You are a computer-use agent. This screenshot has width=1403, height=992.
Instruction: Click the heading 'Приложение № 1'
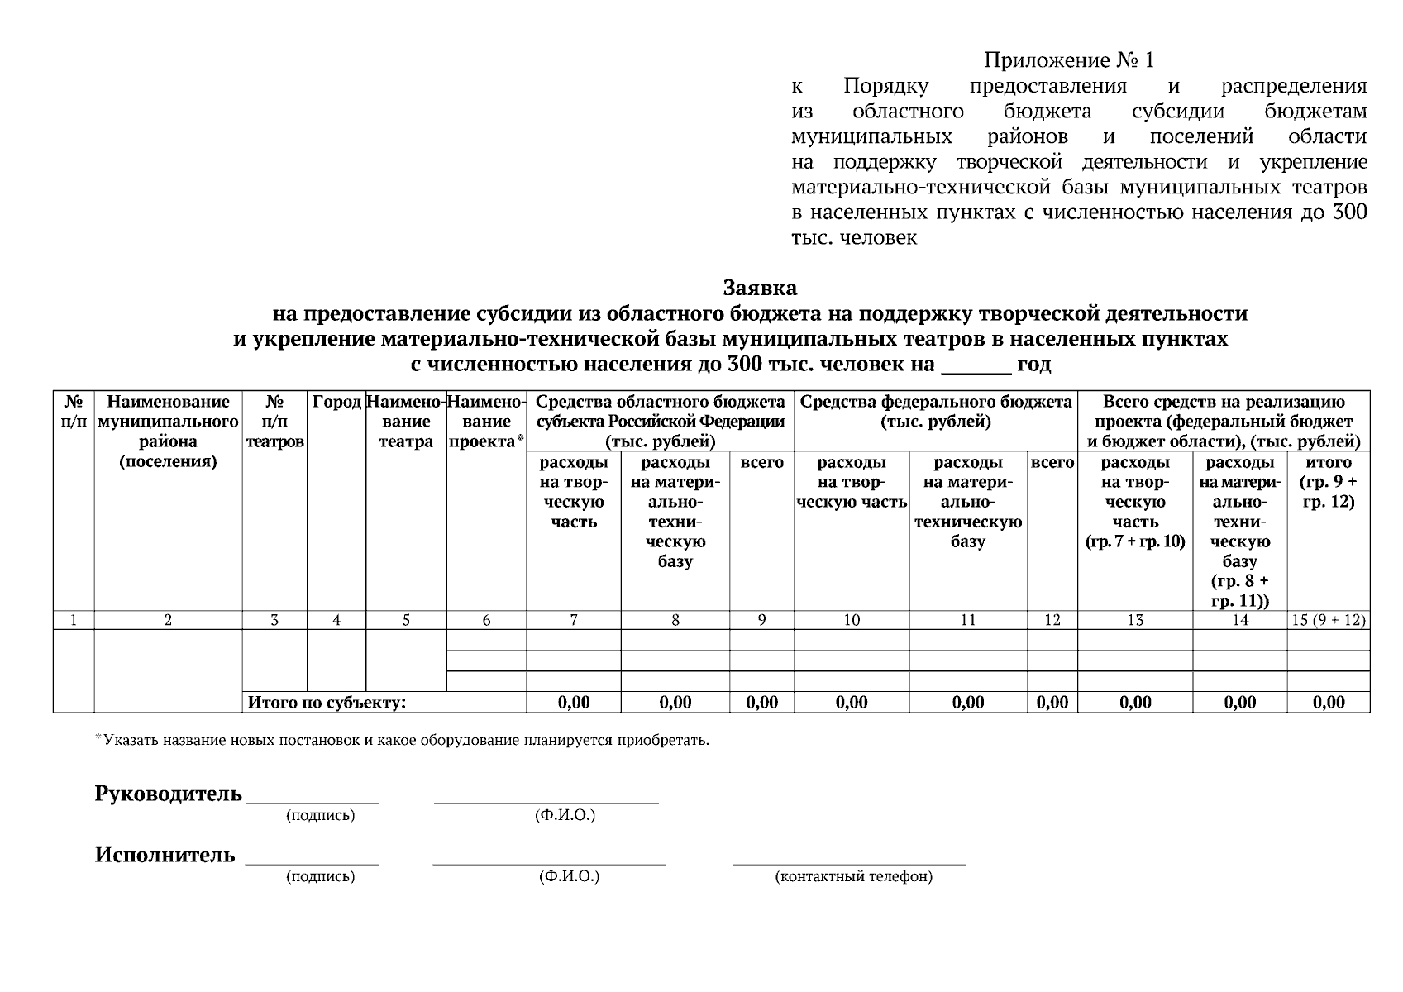click(x=1068, y=60)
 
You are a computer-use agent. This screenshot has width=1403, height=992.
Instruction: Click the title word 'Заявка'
click(x=760, y=288)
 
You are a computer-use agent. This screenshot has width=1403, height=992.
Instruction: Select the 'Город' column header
click(x=336, y=403)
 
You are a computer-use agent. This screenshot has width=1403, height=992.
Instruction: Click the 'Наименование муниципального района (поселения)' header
click(x=168, y=432)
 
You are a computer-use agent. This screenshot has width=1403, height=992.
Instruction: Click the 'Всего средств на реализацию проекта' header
click(x=1224, y=422)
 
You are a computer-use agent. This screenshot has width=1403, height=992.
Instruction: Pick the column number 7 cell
click(x=574, y=620)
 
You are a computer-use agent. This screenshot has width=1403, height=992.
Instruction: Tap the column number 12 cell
click(x=1052, y=620)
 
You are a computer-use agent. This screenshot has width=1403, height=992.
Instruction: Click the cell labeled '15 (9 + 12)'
click(x=1328, y=620)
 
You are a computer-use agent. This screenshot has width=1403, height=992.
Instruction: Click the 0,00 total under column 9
click(x=761, y=703)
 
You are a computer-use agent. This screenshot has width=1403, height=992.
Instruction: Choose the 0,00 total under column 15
click(x=1328, y=703)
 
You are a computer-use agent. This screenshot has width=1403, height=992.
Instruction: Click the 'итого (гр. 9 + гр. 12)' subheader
click(x=1328, y=482)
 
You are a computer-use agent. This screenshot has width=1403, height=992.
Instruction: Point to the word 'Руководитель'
click(x=168, y=794)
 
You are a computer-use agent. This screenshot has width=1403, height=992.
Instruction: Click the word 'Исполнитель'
click(x=165, y=855)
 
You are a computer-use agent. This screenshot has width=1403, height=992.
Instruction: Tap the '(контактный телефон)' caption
click(x=853, y=876)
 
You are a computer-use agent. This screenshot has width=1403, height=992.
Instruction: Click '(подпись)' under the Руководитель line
click(x=320, y=816)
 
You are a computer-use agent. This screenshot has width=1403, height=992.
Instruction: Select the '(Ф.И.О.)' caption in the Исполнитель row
click(x=568, y=876)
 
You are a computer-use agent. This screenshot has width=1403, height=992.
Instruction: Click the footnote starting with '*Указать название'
click(x=402, y=740)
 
